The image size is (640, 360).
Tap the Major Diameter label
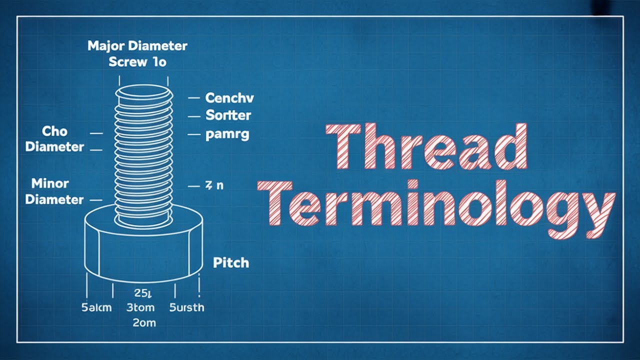pyautogui.click(x=137, y=46)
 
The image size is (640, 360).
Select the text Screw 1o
pyautogui.click(x=137, y=62)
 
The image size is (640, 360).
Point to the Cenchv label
pyautogui.click(x=229, y=98)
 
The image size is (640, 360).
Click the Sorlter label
pyautogui.click(x=228, y=115)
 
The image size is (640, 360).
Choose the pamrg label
pyautogui.click(x=227, y=134)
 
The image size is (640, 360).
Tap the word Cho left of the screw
pyautogui.click(x=54, y=131)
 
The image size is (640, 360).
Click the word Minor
pyautogui.click(x=50, y=183)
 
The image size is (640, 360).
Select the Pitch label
pyautogui.click(x=231, y=263)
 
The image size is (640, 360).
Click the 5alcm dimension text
pyautogui.click(x=96, y=307)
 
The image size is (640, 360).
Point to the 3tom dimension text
pyautogui.click(x=141, y=307)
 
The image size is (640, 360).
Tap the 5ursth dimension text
pyautogui.click(x=186, y=307)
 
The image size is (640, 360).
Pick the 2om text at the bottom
pyautogui.click(x=144, y=323)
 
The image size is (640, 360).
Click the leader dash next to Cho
pyautogui.click(x=96, y=133)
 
